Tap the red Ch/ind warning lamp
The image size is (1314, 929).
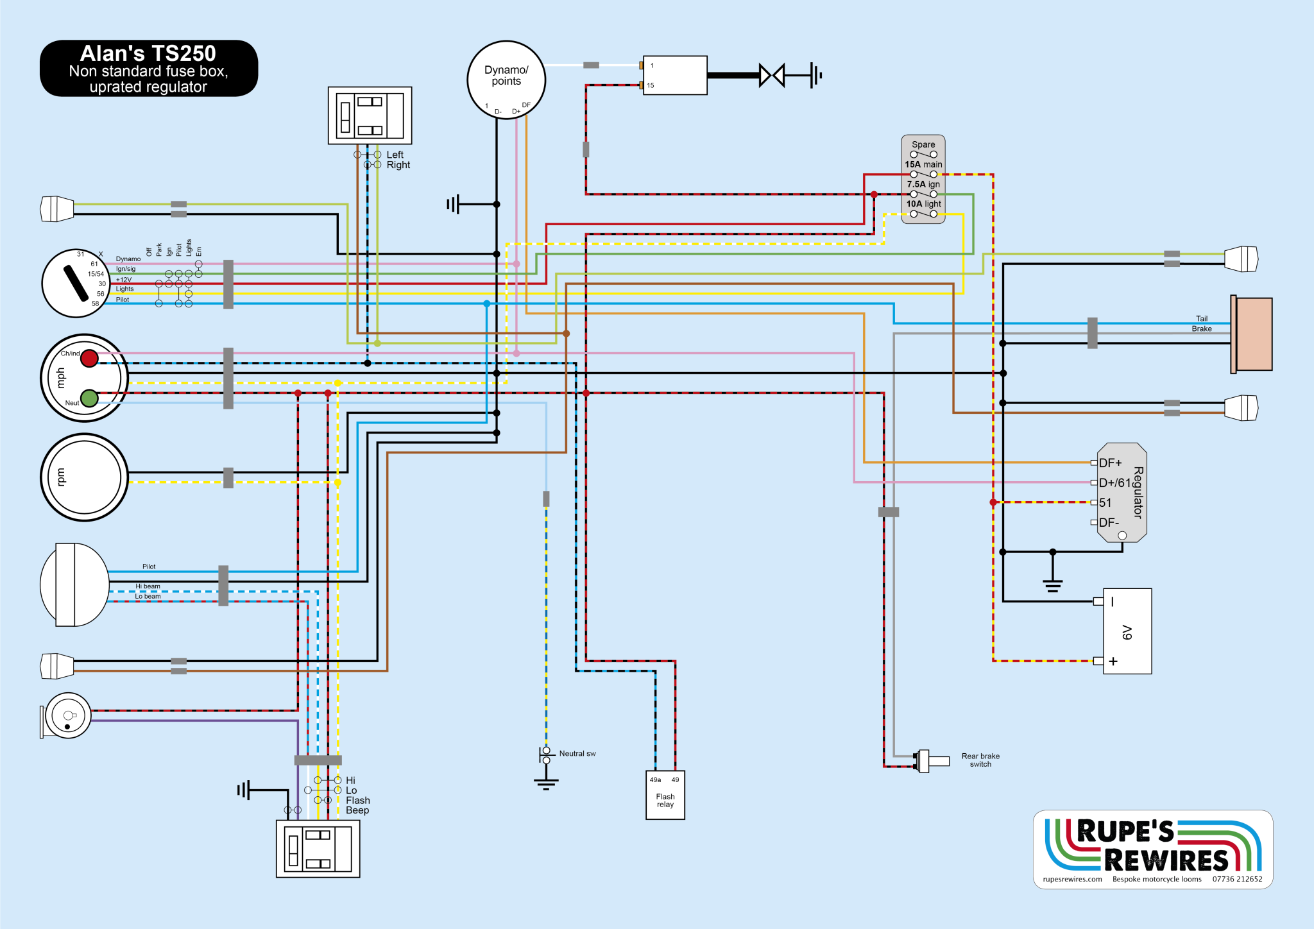[x=89, y=358]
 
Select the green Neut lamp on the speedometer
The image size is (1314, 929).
[x=90, y=398]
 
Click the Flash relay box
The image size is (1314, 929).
[x=665, y=795]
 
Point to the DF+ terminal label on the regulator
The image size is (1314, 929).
[x=1110, y=463]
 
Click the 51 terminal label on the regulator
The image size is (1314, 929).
[x=1105, y=503]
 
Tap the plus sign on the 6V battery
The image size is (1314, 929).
[x=1113, y=661]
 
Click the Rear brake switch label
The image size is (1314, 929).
[x=980, y=760]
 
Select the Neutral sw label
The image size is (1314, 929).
[x=577, y=754]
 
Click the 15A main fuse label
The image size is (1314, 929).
[x=923, y=165]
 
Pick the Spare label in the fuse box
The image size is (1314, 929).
[x=923, y=145]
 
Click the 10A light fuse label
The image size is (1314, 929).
[x=923, y=204]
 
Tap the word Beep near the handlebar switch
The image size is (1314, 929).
[x=357, y=810]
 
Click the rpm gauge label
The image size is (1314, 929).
[x=61, y=477]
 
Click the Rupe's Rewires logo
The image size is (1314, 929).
[x=1153, y=849]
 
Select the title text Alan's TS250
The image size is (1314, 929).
[x=148, y=53]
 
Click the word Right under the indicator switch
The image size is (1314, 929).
[x=398, y=165]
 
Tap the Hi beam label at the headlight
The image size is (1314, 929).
[x=148, y=586]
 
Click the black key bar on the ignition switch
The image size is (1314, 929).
[x=76, y=284]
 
